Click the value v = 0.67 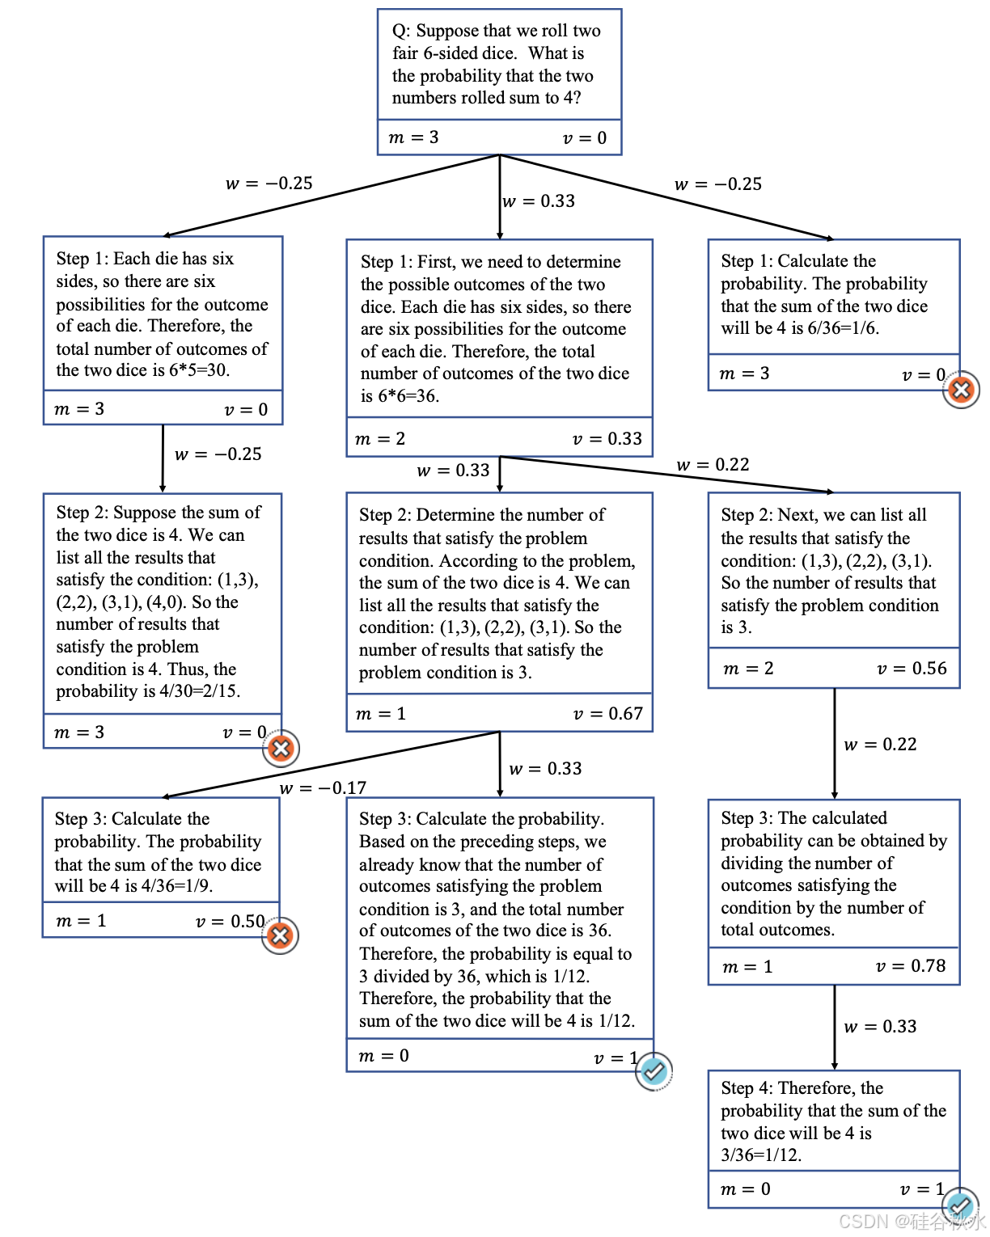(x=607, y=714)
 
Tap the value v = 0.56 (x=912, y=669)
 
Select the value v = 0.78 (x=911, y=966)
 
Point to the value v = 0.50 (x=231, y=922)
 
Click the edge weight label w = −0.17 (x=323, y=787)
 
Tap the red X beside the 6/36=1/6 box (x=961, y=391)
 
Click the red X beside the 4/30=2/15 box (x=281, y=748)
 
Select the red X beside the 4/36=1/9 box (x=280, y=935)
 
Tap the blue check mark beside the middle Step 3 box (x=654, y=1071)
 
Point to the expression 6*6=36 (x=408, y=396)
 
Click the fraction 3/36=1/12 (x=760, y=1155)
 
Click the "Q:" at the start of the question (x=400, y=32)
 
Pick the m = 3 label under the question (x=413, y=137)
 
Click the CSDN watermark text (x=911, y=1221)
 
